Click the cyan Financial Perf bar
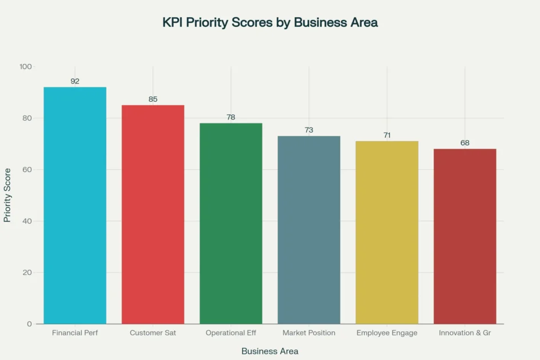pos(75,206)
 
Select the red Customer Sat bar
pos(153,214)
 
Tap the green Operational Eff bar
pos(231,223)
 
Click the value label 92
pos(75,81)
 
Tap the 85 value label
pos(153,99)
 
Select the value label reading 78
pos(231,117)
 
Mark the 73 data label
pos(309,130)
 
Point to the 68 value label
pos(465,143)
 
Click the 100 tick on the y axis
pos(26,67)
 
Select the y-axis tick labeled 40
pos(27,221)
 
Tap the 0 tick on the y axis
pos(30,324)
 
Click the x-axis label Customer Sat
pos(153,333)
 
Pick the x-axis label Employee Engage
pos(387,333)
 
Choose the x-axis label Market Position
pos(309,333)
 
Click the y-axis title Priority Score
pos(7,195)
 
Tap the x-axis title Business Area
pos(270,351)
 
